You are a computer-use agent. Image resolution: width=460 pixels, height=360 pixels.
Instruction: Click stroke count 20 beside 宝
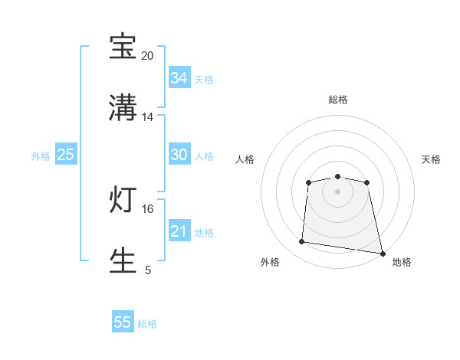point(148,56)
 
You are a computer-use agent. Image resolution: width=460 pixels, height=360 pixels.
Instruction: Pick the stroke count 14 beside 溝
point(148,117)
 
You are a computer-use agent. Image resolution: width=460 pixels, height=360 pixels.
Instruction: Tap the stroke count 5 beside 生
point(148,270)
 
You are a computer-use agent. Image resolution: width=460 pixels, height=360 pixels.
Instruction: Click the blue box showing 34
point(179,78)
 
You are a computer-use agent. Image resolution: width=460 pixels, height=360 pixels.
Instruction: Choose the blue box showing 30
point(179,155)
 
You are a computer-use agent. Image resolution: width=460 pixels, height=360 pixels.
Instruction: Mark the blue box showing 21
point(179,231)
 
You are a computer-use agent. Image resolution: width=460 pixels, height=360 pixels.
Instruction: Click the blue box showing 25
point(65,155)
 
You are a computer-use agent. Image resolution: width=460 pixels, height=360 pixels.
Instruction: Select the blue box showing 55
point(123,322)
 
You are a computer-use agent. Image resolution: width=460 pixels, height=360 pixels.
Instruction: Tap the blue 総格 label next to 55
point(147,324)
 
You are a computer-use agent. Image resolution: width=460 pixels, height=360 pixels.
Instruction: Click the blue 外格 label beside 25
point(41,156)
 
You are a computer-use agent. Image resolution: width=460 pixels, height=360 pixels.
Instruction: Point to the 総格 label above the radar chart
point(338,100)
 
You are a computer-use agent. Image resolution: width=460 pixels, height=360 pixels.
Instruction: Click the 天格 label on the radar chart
point(431,159)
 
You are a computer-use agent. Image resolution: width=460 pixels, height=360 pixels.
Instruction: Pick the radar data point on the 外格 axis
point(302,242)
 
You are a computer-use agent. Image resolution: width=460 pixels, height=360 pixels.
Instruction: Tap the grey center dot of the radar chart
point(338,191)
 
